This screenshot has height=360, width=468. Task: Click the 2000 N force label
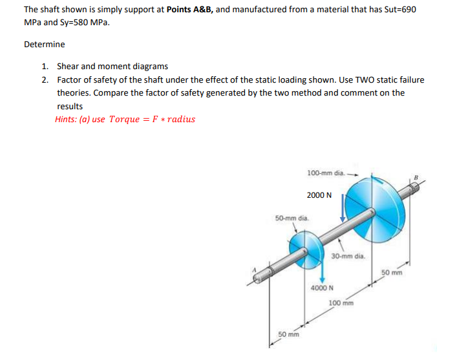[x=319, y=195]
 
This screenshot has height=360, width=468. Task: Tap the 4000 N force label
[x=321, y=288]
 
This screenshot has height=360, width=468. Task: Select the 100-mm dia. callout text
[x=326, y=173]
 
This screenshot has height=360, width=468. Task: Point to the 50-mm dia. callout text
[x=292, y=218]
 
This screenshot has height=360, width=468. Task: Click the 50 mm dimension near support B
[x=392, y=272]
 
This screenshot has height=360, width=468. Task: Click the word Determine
[x=45, y=45]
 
